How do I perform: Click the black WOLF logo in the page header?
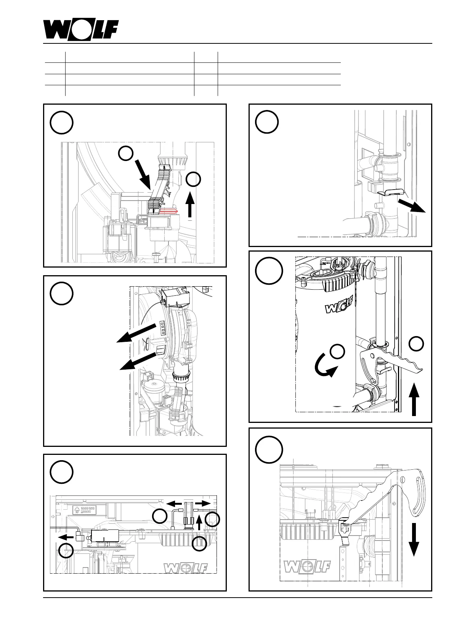[x=81, y=30]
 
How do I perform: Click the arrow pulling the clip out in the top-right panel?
[x=411, y=205]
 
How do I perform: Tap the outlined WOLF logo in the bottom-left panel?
[x=186, y=568]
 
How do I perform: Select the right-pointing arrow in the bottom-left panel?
[x=204, y=503]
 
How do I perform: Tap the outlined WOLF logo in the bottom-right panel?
[x=306, y=567]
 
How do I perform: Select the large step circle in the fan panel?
[x=61, y=293]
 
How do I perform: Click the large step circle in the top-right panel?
[x=267, y=122]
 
